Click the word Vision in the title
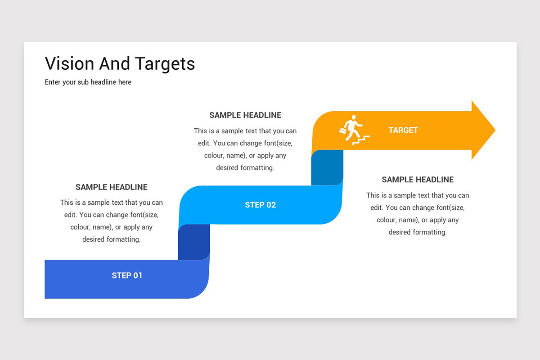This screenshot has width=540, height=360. (69, 63)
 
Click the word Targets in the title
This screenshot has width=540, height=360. (165, 64)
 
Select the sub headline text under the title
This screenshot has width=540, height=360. (88, 82)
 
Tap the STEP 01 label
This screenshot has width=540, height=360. (127, 275)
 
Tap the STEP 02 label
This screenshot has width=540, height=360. (260, 205)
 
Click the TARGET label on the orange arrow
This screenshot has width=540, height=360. (403, 130)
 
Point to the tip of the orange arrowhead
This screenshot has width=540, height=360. (494, 130)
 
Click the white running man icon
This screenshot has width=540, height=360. (352, 128)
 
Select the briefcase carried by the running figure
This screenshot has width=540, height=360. (343, 130)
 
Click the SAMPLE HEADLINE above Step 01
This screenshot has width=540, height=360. (111, 187)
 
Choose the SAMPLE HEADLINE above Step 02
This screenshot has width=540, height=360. (245, 115)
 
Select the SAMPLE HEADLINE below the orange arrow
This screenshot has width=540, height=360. (418, 180)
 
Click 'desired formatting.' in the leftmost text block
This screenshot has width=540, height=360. (111, 239)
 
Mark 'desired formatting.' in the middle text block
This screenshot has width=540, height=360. (245, 168)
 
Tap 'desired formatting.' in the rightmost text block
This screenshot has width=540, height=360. (418, 232)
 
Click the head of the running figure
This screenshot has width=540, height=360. (354, 117)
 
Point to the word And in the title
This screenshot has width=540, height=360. (114, 63)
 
